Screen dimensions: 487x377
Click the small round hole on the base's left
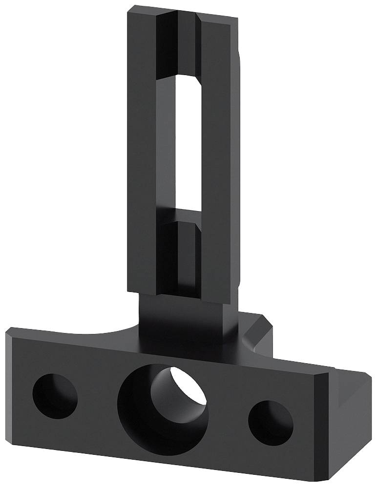[x=55, y=396]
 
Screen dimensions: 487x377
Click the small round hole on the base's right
[x=271, y=422]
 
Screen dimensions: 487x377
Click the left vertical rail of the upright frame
[x=142, y=146]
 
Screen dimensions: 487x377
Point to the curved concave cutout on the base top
[x=105, y=333]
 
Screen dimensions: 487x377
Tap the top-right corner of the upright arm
[x=237, y=20]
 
